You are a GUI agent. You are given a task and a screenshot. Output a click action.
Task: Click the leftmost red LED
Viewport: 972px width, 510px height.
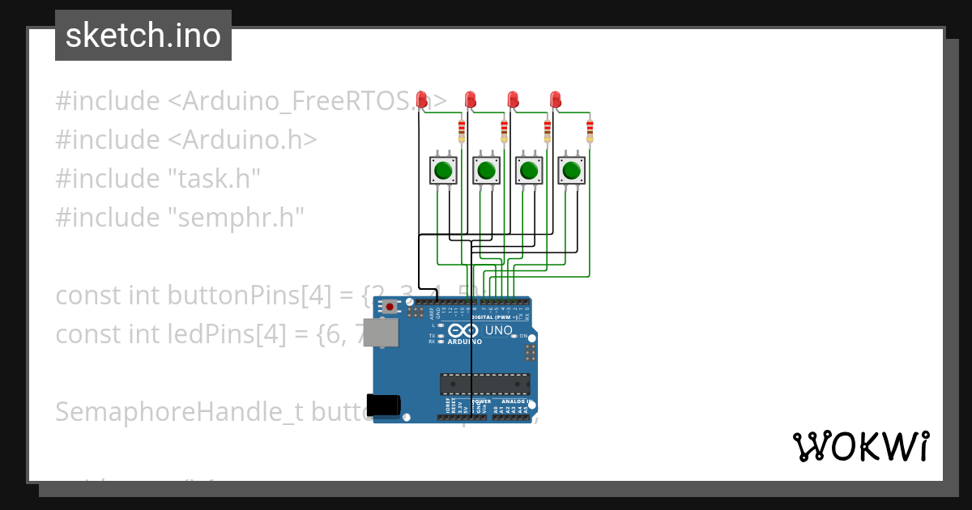(x=421, y=100)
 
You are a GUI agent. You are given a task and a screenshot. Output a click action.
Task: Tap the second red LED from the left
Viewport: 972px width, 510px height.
(x=470, y=100)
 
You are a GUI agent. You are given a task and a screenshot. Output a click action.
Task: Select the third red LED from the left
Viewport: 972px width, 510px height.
(x=513, y=100)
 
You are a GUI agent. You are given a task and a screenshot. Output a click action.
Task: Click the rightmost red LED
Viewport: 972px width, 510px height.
(x=555, y=100)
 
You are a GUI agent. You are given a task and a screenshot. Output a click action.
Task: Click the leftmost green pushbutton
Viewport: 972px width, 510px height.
(x=442, y=171)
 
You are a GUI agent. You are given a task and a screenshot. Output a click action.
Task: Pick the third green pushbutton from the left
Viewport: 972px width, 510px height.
(x=528, y=171)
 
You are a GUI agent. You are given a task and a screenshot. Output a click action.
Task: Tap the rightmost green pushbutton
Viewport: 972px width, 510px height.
(x=571, y=171)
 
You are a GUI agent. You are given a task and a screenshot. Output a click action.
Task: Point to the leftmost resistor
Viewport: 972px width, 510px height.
(x=462, y=130)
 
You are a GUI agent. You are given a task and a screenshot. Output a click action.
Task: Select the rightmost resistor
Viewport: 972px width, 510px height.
(x=590, y=130)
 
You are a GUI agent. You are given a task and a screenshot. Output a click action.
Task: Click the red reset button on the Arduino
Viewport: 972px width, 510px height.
(x=390, y=307)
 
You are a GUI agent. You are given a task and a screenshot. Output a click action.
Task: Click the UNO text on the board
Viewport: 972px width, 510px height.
(x=498, y=330)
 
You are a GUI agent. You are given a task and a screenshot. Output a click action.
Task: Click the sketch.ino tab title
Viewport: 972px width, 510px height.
(x=143, y=36)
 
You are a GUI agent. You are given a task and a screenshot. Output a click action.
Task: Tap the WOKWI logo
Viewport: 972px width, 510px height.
(x=860, y=446)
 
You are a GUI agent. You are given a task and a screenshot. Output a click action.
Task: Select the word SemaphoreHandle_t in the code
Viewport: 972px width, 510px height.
(x=169, y=411)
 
